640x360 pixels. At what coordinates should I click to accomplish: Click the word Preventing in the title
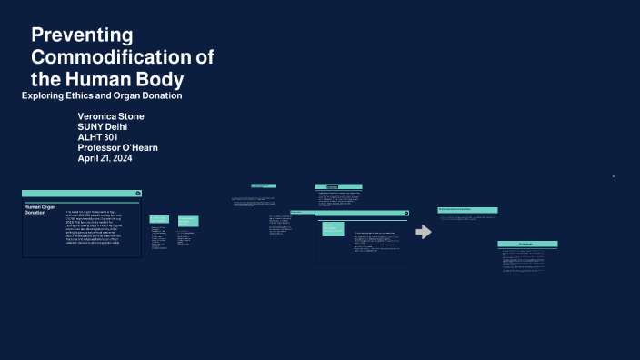(83, 35)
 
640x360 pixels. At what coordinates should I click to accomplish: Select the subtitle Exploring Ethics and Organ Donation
(115, 95)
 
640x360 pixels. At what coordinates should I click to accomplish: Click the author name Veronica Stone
(111, 116)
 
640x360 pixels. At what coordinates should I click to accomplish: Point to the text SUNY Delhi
(103, 126)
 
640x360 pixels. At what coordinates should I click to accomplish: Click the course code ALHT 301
(98, 137)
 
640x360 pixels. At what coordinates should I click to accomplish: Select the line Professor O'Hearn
(118, 147)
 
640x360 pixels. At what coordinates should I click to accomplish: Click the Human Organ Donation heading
(40, 211)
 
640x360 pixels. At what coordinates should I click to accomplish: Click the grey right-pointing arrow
(423, 232)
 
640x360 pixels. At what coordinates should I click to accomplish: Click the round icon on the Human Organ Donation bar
(137, 193)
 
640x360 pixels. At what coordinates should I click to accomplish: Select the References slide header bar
(526, 245)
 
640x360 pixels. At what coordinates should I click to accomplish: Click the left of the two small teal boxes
(159, 219)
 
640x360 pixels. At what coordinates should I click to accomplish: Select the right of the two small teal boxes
(187, 221)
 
